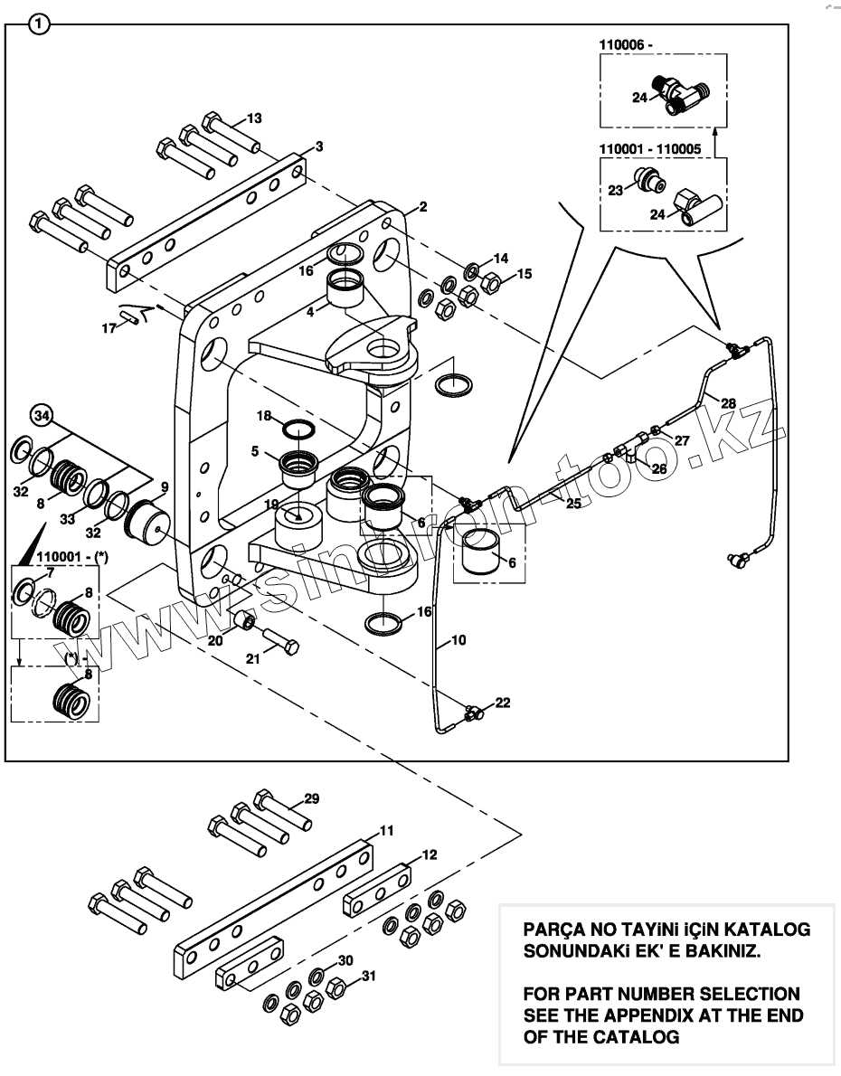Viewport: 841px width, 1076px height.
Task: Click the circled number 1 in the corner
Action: [38, 24]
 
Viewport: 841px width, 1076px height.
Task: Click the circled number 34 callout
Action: [41, 416]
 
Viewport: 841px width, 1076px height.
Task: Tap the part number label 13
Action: [254, 118]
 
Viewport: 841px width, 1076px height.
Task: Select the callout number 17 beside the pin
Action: [109, 328]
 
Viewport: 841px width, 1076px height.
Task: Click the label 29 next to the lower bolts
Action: [312, 798]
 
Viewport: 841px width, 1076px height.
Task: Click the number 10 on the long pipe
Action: [458, 640]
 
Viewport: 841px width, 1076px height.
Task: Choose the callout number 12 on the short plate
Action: [430, 854]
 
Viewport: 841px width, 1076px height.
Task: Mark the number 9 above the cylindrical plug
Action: [164, 487]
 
